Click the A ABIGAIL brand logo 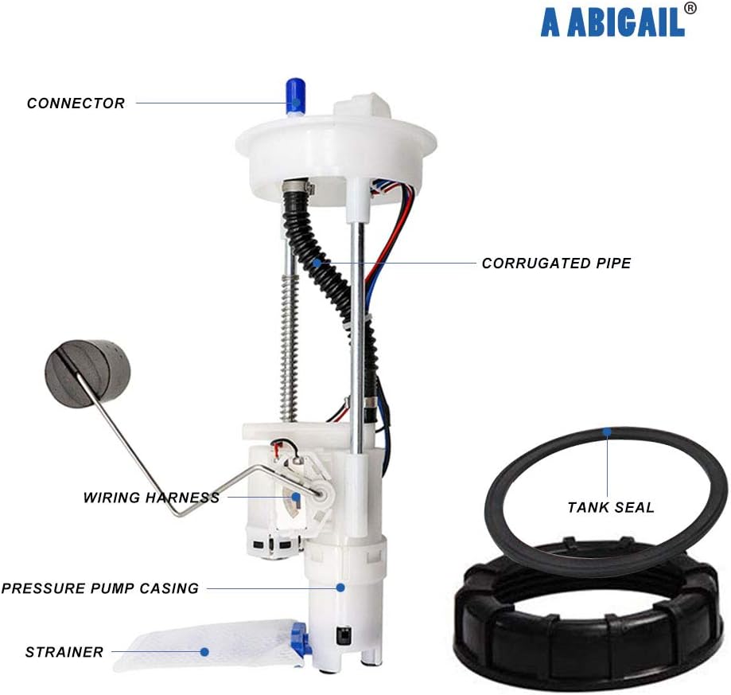612,22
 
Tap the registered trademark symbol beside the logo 690,8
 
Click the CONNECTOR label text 76,103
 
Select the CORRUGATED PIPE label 556,264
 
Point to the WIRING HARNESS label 151,498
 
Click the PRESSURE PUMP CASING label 99,589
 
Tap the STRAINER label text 64,653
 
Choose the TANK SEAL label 611,507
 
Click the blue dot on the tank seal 607,432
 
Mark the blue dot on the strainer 204,652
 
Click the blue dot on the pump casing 340,588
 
